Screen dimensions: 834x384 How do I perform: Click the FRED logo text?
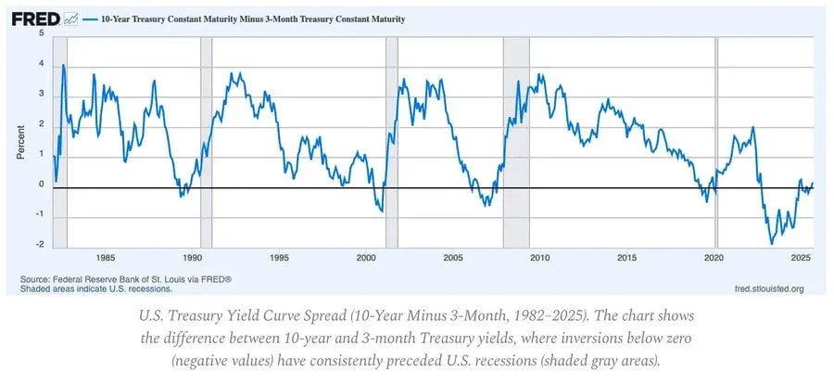36,19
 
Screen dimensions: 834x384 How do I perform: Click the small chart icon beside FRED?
70,19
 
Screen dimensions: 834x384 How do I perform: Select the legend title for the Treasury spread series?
253,19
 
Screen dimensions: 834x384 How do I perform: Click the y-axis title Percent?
20,142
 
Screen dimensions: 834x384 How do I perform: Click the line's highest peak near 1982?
63,65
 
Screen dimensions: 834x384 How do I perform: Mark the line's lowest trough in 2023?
772,244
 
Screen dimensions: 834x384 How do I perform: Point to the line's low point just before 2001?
382,211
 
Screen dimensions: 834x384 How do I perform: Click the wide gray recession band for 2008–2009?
516,142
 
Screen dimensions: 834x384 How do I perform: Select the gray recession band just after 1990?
207,142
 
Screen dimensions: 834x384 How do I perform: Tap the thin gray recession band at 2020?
716,142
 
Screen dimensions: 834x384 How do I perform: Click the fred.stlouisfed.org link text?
768,289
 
